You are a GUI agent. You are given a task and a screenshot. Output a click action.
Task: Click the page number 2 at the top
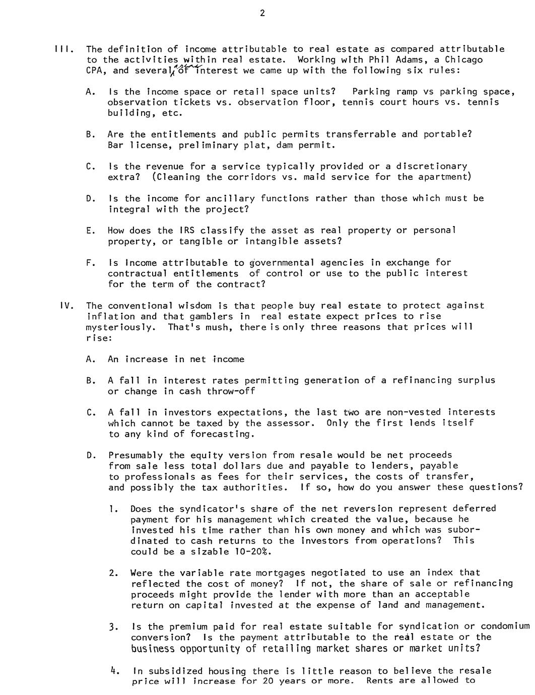tap(262, 14)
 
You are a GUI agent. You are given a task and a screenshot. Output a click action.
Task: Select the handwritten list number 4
tap(114, 670)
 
